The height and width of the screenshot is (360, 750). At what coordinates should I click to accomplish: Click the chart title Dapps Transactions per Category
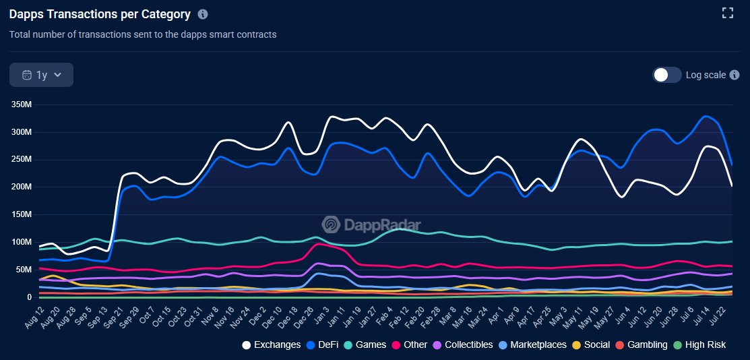coord(100,14)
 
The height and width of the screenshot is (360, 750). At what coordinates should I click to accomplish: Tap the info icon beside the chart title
coord(203,14)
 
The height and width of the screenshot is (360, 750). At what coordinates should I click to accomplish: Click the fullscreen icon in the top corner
coord(727,13)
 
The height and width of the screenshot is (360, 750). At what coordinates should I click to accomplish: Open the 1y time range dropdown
coord(41,75)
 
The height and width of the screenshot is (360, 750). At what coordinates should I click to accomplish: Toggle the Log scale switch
coord(666,75)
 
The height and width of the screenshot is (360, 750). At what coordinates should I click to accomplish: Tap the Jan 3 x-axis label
coord(323,314)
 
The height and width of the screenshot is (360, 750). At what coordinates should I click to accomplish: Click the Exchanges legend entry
coord(271,344)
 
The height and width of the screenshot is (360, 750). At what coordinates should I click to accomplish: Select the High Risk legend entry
coord(700,344)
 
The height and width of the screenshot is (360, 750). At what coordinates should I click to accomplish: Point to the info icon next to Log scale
coord(735,75)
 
